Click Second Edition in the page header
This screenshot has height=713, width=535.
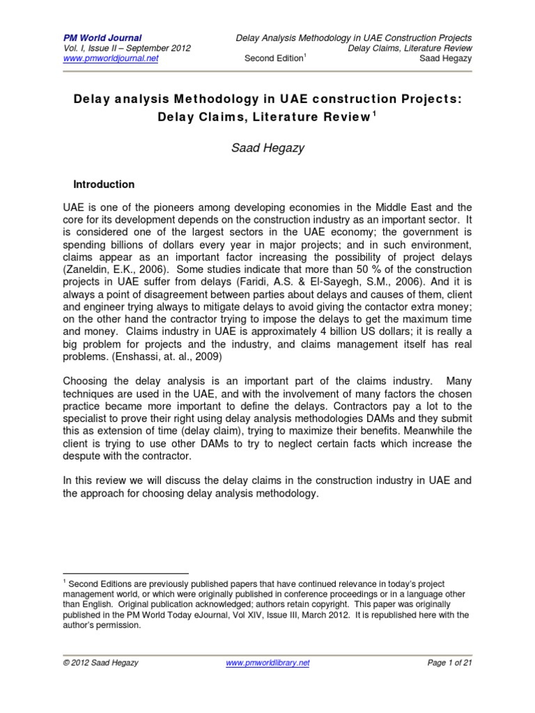click(274, 58)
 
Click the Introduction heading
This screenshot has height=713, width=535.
click(104, 185)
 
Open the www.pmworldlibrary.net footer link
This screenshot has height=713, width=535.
click(268, 664)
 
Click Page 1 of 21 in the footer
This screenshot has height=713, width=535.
click(450, 664)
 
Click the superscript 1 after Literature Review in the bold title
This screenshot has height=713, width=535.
click(376, 115)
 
